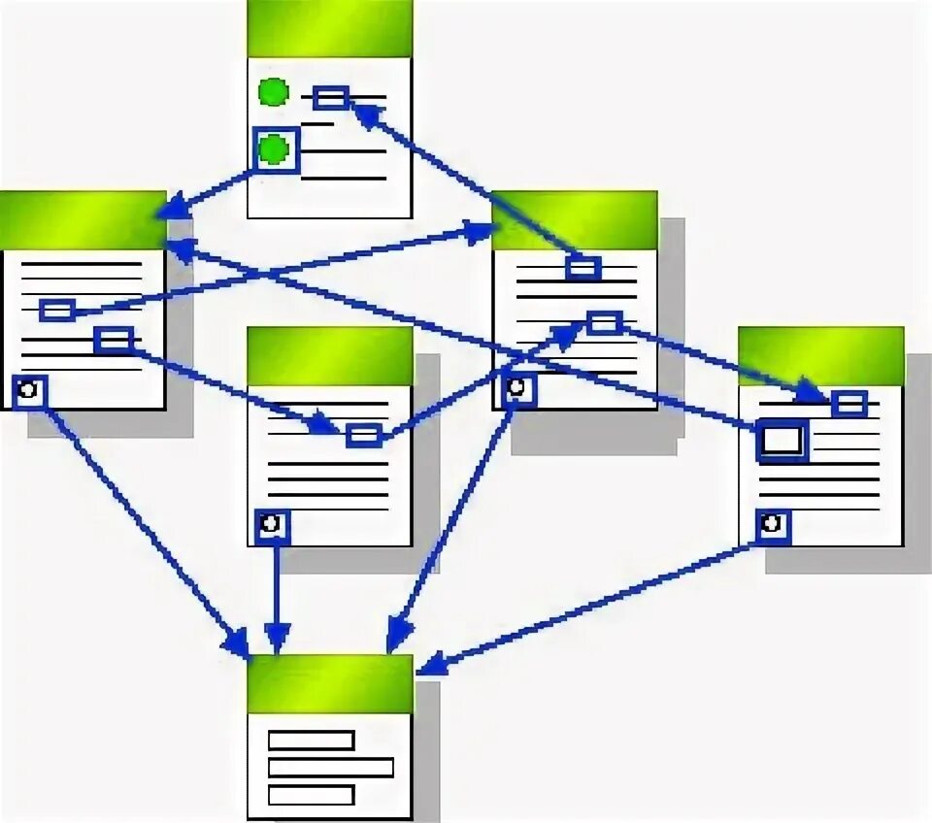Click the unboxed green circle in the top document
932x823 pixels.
pyautogui.click(x=274, y=93)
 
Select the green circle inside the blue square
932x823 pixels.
pyautogui.click(x=275, y=150)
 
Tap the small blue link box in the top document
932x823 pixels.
pyautogui.click(x=331, y=97)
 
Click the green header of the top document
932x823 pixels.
pyautogui.click(x=330, y=29)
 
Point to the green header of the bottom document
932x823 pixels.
pyautogui.click(x=330, y=684)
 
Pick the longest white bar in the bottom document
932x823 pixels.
pyautogui.click(x=330, y=768)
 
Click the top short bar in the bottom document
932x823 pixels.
pyautogui.click(x=311, y=741)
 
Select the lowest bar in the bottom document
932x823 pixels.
pyautogui.click(x=311, y=795)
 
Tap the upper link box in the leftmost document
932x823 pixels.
pyautogui.click(x=57, y=311)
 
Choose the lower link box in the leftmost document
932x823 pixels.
pyautogui.click(x=114, y=340)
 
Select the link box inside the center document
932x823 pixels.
pyautogui.click(x=364, y=435)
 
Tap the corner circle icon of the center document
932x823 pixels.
pyautogui.click(x=272, y=525)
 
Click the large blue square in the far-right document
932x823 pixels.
pyautogui.click(x=782, y=441)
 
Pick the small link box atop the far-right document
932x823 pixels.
pyautogui.click(x=849, y=403)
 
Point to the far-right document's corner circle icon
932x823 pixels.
pyautogui.click(x=773, y=525)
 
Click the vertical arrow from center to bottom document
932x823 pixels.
pyautogui.click(x=277, y=592)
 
